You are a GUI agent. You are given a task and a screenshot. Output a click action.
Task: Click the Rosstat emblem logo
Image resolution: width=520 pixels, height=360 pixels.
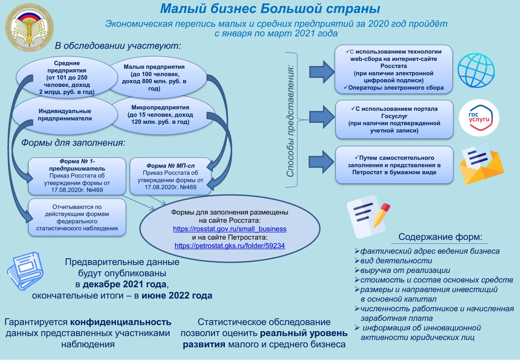point(29,28)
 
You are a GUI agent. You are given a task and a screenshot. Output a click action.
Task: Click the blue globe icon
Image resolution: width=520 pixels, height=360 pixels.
point(476,70)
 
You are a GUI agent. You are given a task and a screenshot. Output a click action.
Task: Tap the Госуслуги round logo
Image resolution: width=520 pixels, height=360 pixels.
point(479,118)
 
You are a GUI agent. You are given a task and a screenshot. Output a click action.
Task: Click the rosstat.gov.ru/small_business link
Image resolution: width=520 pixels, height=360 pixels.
point(230,229)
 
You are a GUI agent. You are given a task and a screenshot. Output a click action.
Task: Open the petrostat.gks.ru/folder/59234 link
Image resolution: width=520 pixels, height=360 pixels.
point(230,246)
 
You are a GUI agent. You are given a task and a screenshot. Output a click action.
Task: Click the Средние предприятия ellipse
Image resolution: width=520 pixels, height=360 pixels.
point(67,77)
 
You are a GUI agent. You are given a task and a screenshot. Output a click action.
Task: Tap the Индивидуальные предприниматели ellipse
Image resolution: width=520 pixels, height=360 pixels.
point(65,115)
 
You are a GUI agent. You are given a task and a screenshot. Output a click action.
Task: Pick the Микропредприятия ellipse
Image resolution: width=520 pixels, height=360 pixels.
point(160,115)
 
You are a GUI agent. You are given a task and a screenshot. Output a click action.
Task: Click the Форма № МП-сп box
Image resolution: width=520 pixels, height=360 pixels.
point(170,176)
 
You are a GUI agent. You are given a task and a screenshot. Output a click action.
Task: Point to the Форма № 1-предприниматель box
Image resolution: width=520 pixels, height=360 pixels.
point(77,176)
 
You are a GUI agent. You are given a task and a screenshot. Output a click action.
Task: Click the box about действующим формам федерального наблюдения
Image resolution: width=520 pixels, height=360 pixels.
point(77,217)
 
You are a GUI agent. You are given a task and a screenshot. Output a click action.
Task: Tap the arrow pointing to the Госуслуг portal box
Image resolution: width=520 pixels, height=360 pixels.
point(322,117)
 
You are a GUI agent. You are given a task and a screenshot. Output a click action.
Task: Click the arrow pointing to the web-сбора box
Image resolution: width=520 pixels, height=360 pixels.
point(322,72)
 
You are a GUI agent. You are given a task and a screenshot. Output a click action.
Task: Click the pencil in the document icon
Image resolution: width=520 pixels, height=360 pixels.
point(381,215)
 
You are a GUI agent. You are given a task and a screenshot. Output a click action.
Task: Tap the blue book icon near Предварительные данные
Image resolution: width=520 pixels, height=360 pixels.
point(26,271)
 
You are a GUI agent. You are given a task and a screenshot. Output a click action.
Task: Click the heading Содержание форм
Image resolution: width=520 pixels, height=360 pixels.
point(440,237)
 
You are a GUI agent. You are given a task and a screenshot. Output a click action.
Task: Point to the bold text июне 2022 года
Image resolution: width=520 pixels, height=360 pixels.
point(177,295)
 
